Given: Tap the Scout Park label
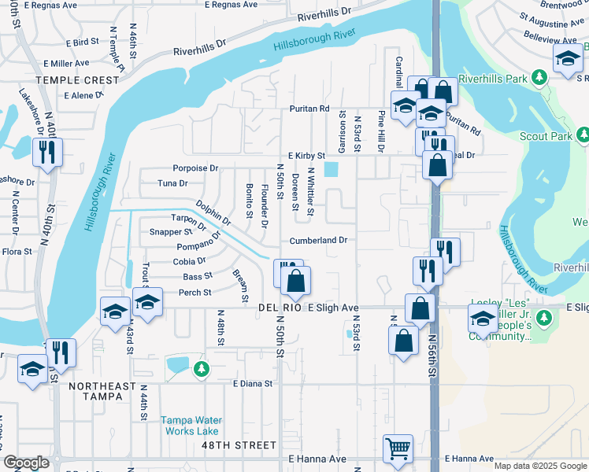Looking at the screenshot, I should click(x=546, y=136).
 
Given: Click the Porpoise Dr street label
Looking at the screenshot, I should click(x=196, y=168).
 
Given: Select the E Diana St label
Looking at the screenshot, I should click(x=252, y=384).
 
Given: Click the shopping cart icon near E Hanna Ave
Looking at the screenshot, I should click(x=398, y=448).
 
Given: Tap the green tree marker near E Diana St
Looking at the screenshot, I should click(x=202, y=367).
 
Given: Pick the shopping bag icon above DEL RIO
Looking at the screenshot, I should click(x=296, y=282).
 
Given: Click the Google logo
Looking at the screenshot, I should click(x=26, y=463).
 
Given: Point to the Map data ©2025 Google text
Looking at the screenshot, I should click(x=539, y=466).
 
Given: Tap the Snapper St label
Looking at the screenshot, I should click(x=171, y=232).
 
